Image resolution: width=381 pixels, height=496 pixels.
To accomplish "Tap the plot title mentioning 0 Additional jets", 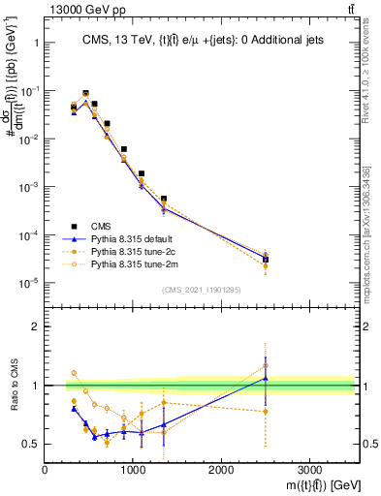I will coord(200,40).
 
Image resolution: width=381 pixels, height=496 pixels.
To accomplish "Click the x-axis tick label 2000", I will coord(221,470).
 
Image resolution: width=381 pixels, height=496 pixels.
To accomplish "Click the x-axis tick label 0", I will coord(45,470).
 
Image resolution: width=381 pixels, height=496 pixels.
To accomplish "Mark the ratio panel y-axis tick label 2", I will coord(34,327).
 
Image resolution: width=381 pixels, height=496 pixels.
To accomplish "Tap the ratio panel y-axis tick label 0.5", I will coord(29,445).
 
